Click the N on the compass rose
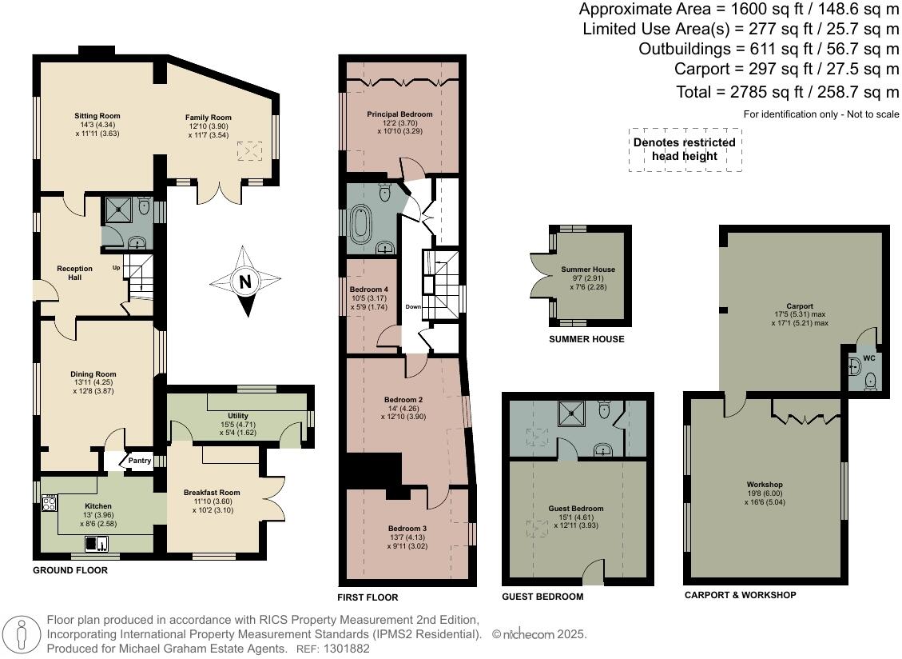pyautogui.click(x=245, y=282)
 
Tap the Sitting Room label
pyautogui.click(x=97, y=116)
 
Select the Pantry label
pyautogui.click(x=140, y=461)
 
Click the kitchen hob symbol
pyautogui.click(x=50, y=504)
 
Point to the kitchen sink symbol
pyautogui.click(x=97, y=543)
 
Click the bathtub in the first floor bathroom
pyautogui.click(x=361, y=223)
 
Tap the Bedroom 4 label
pyautogui.click(x=369, y=290)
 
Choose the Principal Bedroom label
pyautogui.click(x=399, y=114)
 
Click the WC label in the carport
pyautogui.click(x=869, y=358)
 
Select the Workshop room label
pyautogui.click(x=765, y=485)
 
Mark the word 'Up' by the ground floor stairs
pyautogui.click(x=116, y=268)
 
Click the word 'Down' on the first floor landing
pyautogui.click(x=413, y=306)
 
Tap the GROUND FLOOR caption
pyautogui.click(x=70, y=570)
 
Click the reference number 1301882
pyautogui.click(x=347, y=649)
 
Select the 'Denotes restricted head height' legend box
pyautogui.click(x=685, y=150)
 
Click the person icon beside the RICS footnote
pyautogui.click(x=22, y=634)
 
